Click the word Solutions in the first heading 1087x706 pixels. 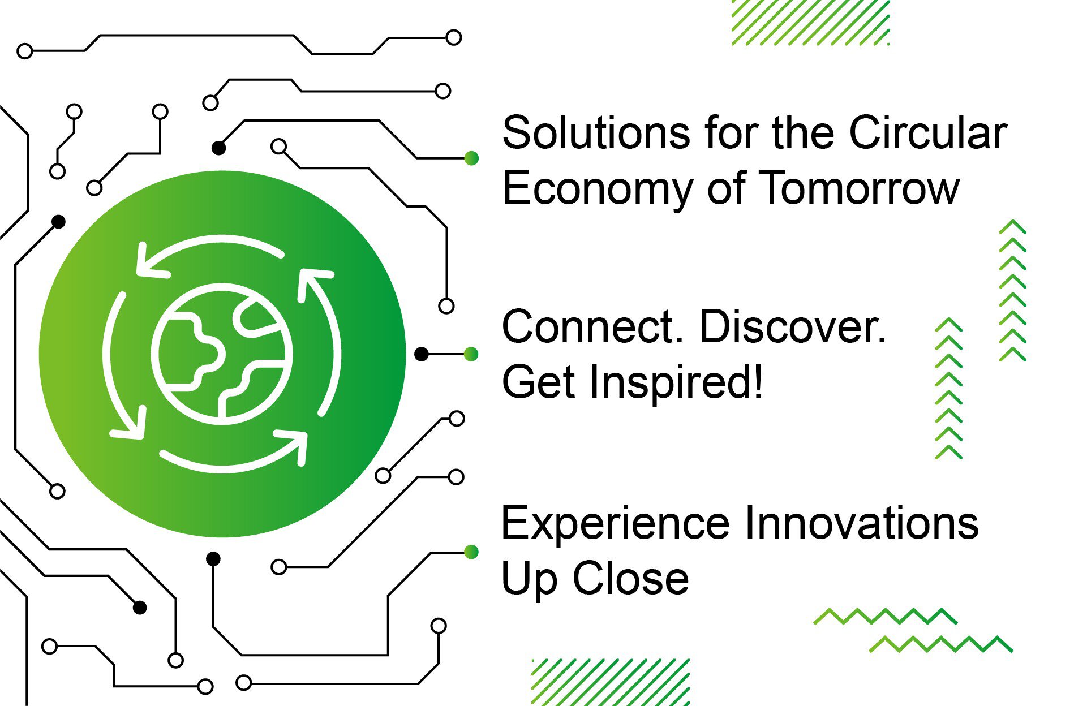596,133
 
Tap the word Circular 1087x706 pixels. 928,133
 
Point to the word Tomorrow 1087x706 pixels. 859,188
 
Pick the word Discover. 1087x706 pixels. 793,327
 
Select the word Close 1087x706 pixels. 630,578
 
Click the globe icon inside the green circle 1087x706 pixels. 222,354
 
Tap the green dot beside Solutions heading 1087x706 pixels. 471,158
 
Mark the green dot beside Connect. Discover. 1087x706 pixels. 471,354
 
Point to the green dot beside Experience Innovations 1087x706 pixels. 471,552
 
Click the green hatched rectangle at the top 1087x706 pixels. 810,23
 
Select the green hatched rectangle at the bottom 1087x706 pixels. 611,682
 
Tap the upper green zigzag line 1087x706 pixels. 885,617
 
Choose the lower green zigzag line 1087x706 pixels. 940,644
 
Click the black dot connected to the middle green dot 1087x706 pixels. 422,354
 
